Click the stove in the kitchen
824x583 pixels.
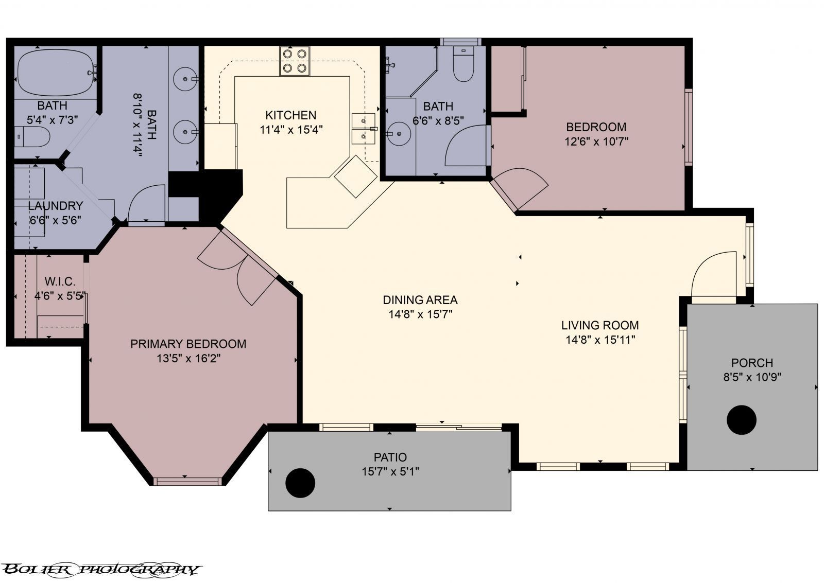[x=294, y=61]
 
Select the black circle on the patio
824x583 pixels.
[x=300, y=483]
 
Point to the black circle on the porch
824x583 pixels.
[x=742, y=420]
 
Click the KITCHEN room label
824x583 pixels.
[x=290, y=115]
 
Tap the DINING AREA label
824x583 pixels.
[x=420, y=300]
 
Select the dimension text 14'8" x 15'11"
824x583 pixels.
[x=600, y=340]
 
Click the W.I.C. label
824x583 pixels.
[x=60, y=281]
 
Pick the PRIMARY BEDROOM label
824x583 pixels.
[x=188, y=344]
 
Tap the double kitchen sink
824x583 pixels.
[x=363, y=129]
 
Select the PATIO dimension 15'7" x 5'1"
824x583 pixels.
[x=390, y=472]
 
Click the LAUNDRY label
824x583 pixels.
[x=56, y=205]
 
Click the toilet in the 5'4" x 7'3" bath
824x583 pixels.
[x=32, y=137]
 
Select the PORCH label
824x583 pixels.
[x=752, y=363]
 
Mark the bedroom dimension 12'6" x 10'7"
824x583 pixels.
[x=596, y=142]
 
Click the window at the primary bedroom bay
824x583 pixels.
[x=187, y=481]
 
